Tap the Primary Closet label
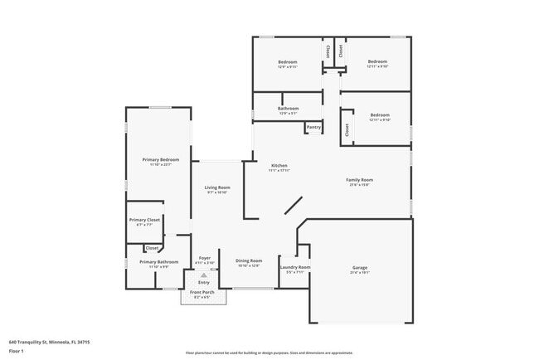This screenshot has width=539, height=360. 144,220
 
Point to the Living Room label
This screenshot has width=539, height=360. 217,187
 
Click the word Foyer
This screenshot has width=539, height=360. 204,258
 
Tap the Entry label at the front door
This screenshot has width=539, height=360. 203,282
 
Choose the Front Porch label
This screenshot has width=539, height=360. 202,293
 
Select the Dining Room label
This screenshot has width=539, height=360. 249,261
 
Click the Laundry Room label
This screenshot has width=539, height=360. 294,267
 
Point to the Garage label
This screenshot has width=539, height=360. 360,267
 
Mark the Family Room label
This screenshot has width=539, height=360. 360,180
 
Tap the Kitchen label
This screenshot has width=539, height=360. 279,166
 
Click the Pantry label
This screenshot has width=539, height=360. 313,127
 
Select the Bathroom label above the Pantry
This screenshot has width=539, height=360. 289,108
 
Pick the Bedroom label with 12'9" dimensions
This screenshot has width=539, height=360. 287,62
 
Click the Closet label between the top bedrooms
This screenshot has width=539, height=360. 329,51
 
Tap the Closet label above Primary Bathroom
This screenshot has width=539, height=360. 153,248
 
